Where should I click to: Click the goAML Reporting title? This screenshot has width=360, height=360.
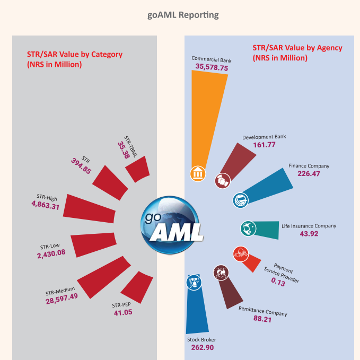coord(183,15)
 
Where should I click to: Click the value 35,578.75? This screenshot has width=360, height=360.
coord(212,67)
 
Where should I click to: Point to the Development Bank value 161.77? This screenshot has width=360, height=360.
coord(264,145)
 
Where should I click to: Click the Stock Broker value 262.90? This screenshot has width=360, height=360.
coord(202,348)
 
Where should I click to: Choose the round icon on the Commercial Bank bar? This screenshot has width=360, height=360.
coord(197,172)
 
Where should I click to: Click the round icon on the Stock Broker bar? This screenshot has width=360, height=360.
coord(193,281)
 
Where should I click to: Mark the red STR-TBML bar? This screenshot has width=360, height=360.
coord(137,169)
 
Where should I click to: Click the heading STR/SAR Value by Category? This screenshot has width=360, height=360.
coord(75,54)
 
